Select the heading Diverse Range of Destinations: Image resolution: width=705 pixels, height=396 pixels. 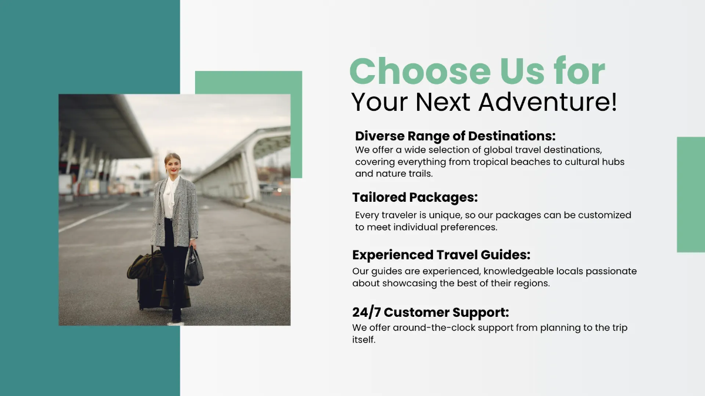click(x=455, y=136)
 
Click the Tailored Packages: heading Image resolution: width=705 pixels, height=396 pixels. click(x=415, y=197)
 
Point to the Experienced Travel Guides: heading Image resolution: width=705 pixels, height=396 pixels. click(x=441, y=255)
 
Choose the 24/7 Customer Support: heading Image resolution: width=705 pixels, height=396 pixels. click(x=431, y=312)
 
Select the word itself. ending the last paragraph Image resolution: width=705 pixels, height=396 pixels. click(x=364, y=340)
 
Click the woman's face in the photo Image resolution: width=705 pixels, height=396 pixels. click(x=173, y=165)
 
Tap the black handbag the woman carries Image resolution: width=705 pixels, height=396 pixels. click(x=194, y=270)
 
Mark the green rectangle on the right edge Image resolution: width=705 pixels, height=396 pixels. click(x=691, y=194)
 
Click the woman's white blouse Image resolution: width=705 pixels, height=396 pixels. click(x=170, y=197)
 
